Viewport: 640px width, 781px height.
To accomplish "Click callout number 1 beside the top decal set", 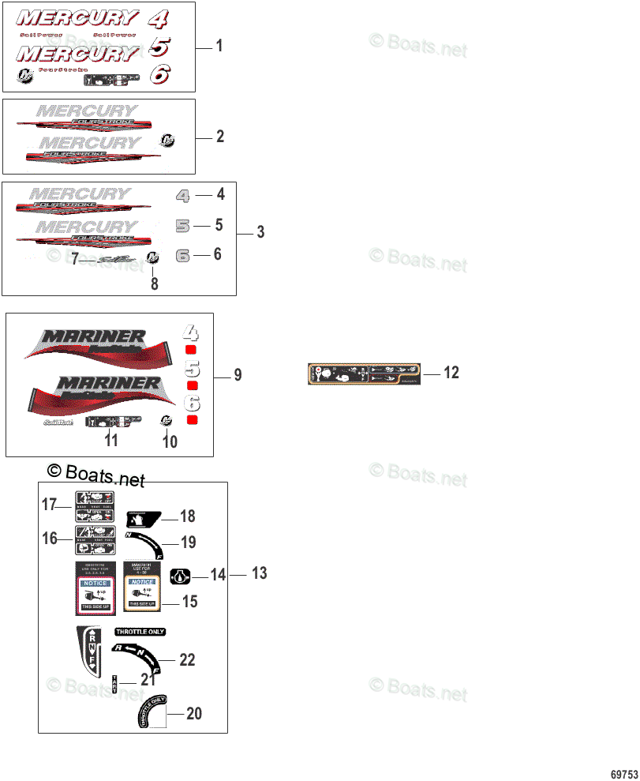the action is (219, 47).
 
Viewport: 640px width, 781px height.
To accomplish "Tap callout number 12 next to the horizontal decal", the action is (451, 373).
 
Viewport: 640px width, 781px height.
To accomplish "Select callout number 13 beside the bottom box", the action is (260, 574).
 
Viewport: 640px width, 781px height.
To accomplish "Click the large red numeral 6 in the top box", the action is (159, 75).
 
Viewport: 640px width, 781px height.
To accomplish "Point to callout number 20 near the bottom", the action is (193, 714).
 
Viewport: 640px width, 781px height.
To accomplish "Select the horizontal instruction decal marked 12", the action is (363, 374).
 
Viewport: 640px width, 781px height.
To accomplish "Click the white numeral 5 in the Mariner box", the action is (192, 367).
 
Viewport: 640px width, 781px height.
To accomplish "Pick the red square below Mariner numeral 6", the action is (192, 419).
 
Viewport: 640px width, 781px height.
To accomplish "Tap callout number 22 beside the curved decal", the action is (187, 659).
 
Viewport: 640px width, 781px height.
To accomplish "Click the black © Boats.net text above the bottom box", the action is (96, 474).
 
